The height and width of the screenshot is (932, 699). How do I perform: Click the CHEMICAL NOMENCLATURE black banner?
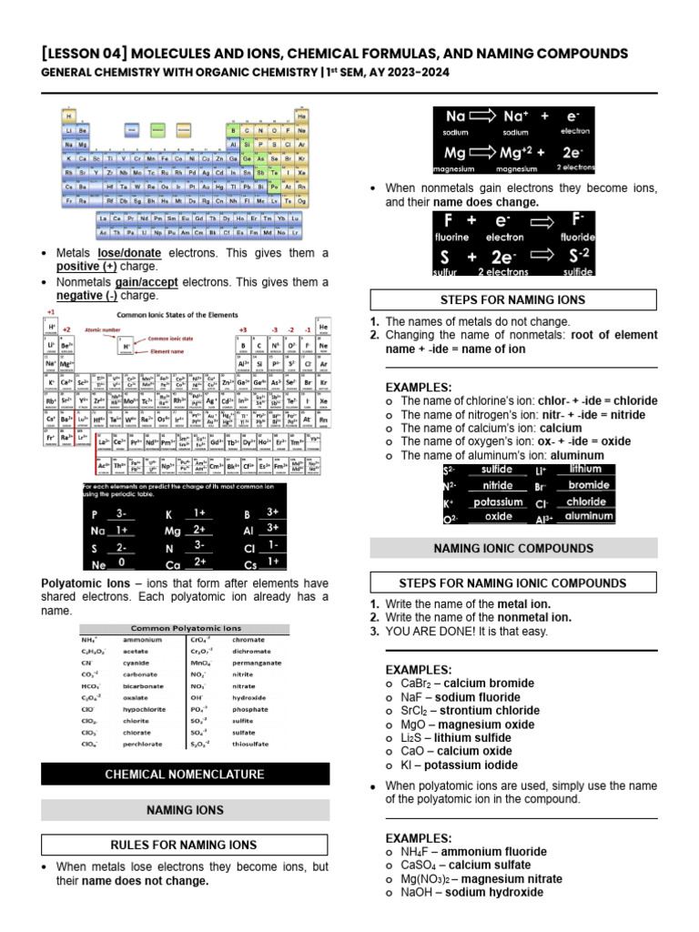(185, 775)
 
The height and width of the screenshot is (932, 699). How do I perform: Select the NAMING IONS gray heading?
(185, 809)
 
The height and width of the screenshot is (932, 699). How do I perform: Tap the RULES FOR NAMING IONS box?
(185, 845)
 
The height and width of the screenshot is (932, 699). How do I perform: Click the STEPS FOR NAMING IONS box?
(512, 299)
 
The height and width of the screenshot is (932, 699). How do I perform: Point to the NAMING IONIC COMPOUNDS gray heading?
(512, 548)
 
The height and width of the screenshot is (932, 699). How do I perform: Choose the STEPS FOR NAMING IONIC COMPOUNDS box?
(512, 582)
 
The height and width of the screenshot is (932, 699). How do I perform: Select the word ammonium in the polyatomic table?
(143, 640)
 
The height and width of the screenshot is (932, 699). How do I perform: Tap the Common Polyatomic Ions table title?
(186, 628)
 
